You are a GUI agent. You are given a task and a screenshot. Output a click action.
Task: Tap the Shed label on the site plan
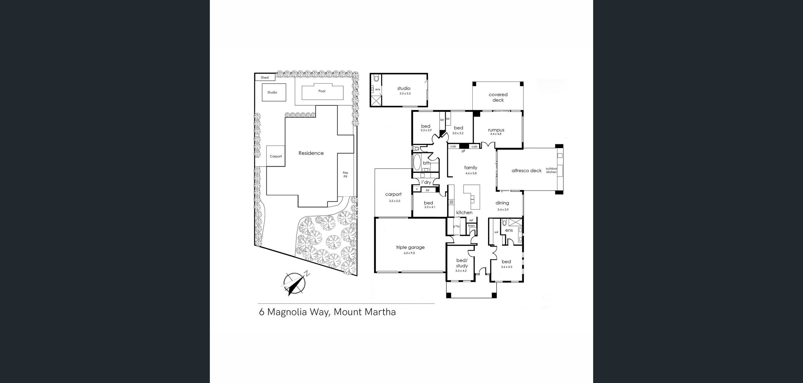click(x=265, y=78)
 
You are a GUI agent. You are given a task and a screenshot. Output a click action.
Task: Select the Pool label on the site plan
click(x=322, y=91)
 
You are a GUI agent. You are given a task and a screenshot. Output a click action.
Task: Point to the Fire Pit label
click(x=345, y=175)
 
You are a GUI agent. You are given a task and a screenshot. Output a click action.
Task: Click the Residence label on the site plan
click(x=311, y=153)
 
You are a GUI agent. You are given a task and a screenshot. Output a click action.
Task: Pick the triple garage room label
click(x=410, y=247)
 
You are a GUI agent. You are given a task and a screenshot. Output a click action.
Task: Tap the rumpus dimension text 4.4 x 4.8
click(x=496, y=134)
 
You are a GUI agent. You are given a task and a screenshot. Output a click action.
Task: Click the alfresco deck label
click(x=527, y=171)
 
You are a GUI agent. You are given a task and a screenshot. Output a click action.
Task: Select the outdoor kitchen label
click(x=551, y=170)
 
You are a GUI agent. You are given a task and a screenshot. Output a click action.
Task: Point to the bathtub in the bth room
click(x=417, y=162)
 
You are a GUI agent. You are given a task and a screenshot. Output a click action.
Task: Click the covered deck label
click(x=498, y=97)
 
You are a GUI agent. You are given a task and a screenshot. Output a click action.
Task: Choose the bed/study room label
click(x=462, y=263)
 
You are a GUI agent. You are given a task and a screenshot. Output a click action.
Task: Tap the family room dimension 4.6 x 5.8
click(x=471, y=173)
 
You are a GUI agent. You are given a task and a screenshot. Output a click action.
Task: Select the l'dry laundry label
click(x=426, y=182)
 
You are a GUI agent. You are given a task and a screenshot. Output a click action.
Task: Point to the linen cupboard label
click(x=471, y=226)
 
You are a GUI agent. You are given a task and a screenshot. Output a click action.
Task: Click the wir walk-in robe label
click(x=496, y=232)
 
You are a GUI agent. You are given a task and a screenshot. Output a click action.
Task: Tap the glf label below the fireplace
click(x=463, y=151)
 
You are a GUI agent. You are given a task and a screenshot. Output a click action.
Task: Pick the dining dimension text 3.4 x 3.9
click(x=503, y=210)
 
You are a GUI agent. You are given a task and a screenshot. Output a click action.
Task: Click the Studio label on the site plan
click(x=272, y=92)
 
